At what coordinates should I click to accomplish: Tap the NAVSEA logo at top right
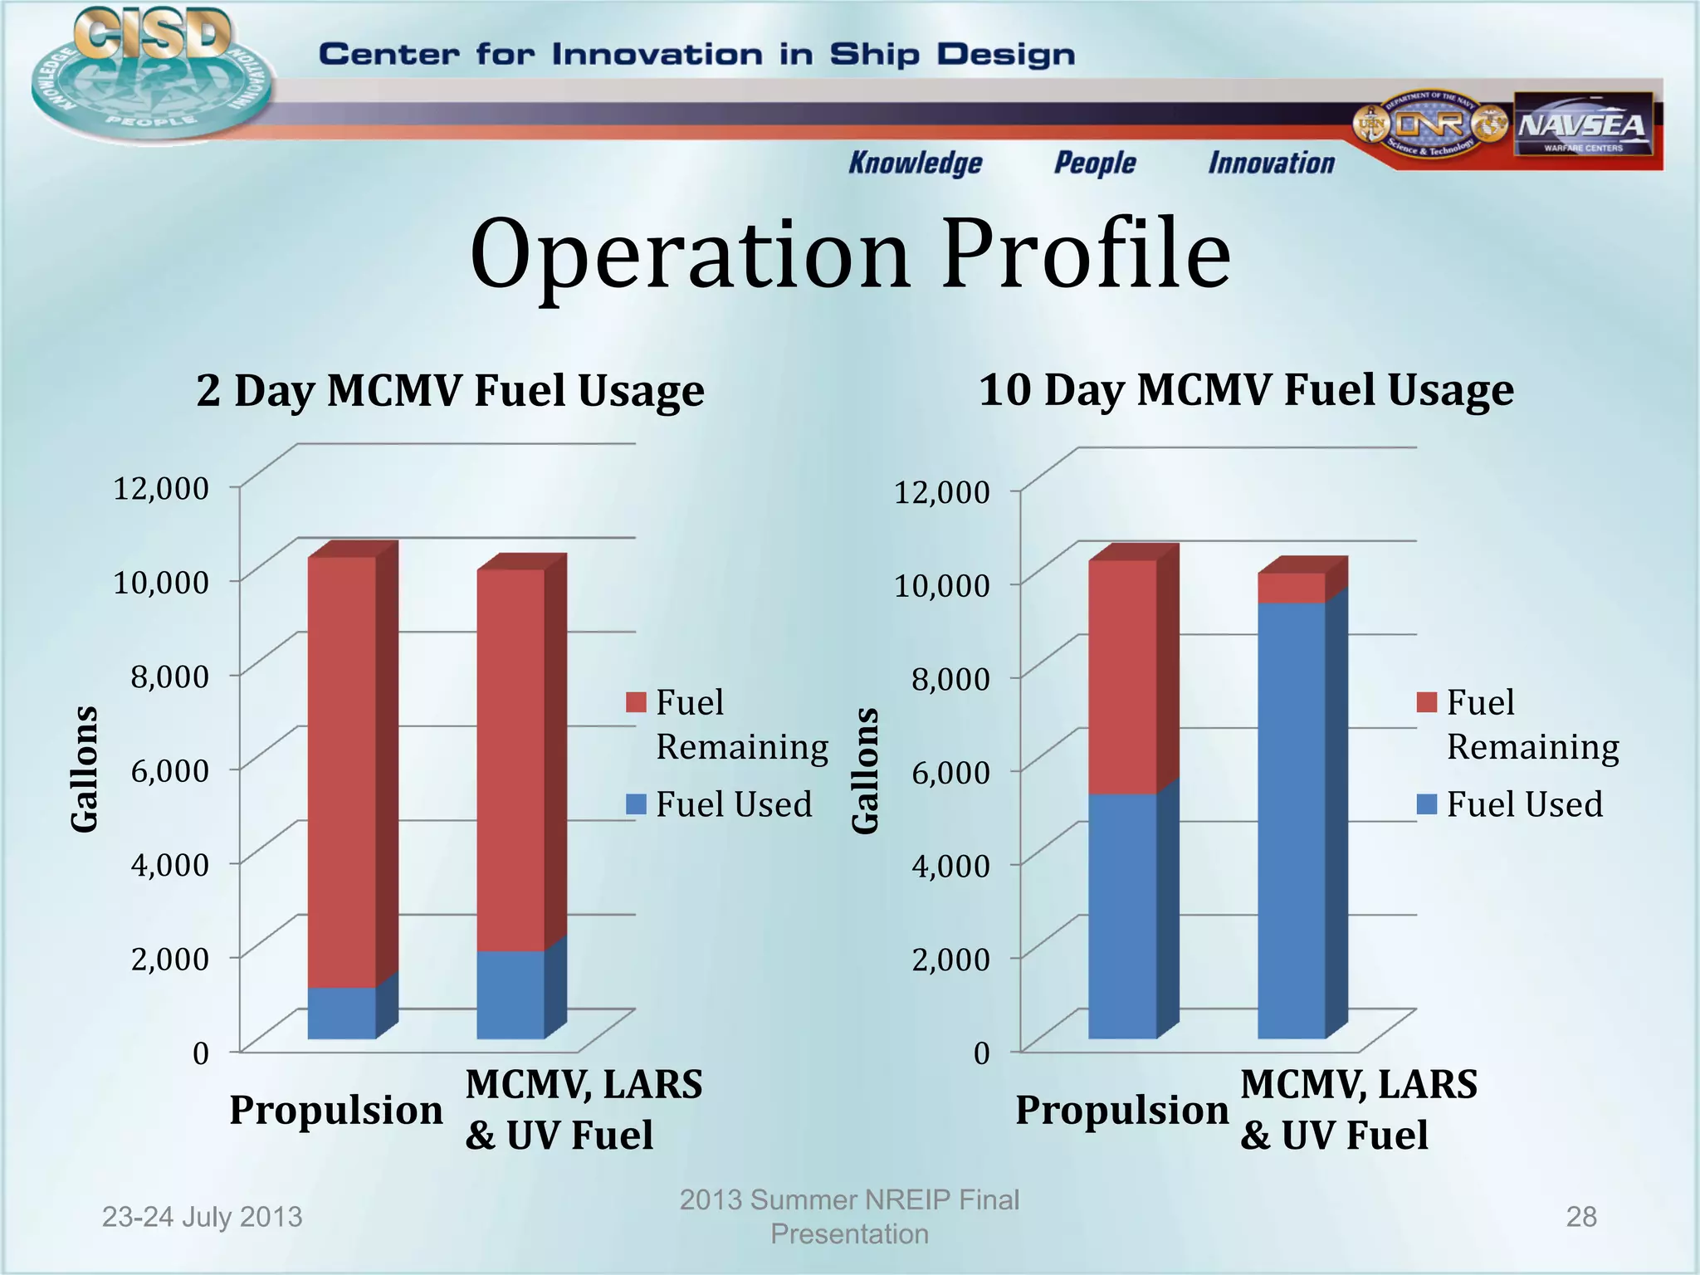coord(1582,125)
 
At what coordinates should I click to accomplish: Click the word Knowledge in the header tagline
coord(915,163)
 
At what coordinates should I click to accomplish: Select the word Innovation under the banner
coord(1271,163)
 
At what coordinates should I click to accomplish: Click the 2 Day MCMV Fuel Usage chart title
coord(450,390)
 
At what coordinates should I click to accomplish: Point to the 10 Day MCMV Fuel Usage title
coord(1246,389)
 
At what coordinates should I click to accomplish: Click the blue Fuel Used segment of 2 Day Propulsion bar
coord(341,1013)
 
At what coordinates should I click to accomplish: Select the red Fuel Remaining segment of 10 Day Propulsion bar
coord(1122,677)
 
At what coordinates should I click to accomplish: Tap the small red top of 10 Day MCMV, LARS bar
coord(1291,587)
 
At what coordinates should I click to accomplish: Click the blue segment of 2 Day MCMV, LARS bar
coord(510,994)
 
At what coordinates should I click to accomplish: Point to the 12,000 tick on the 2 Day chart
coord(161,488)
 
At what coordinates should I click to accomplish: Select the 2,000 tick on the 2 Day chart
coord(170,959)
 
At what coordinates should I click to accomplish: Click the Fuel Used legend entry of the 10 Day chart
coord(1511,804)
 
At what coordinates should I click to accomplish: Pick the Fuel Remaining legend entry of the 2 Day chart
coord(728,724)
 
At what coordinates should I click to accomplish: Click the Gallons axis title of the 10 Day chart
coord(865,769)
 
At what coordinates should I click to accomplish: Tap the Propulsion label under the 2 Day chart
coord(336,1110)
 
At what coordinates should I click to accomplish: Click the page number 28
coord(1580,1217)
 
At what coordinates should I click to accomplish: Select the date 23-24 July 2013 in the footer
coord(202,1217)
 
